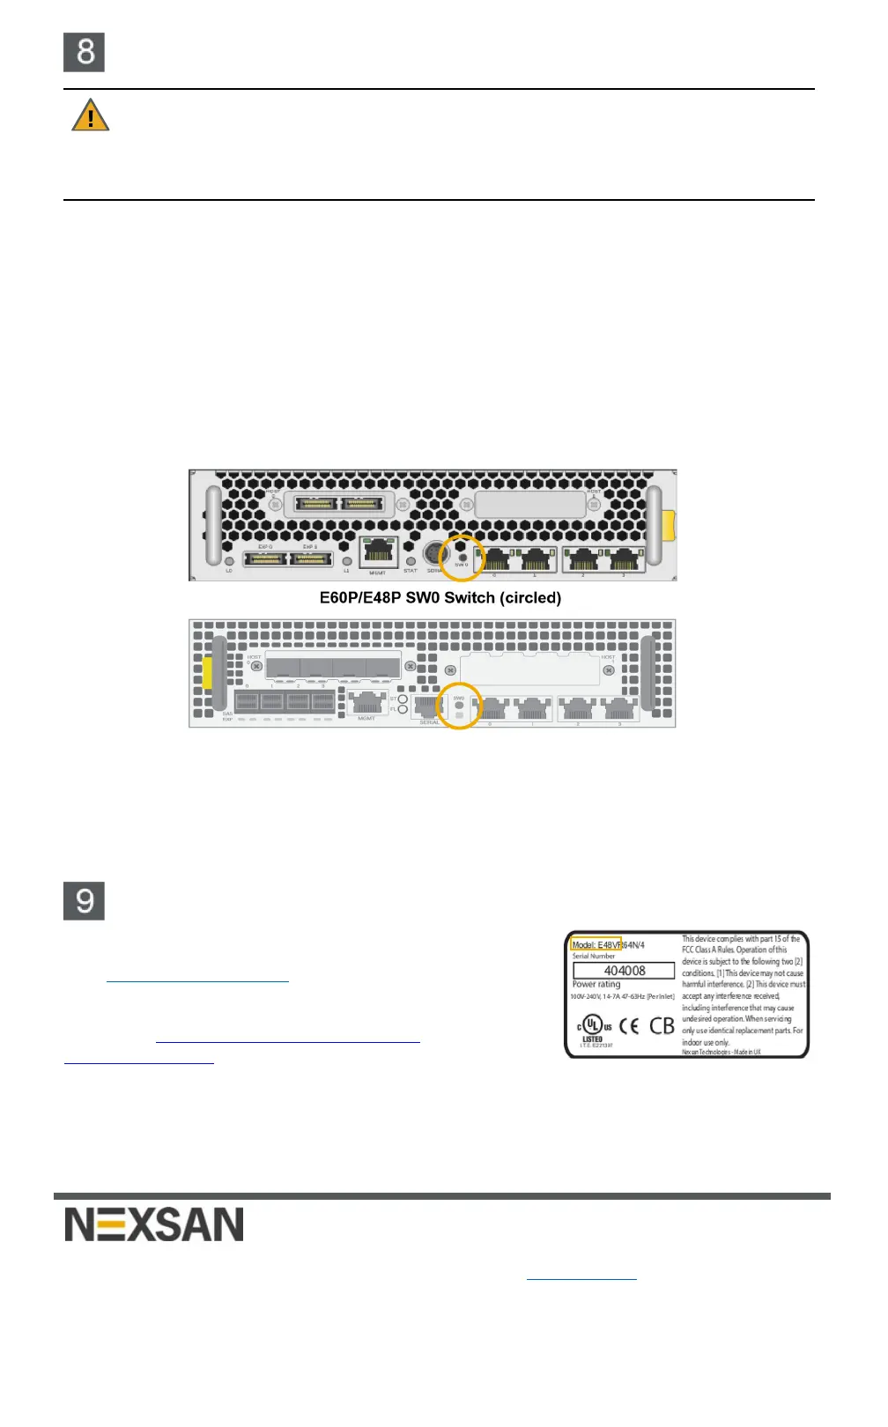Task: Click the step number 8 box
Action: tap(85, 52)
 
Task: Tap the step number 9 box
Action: tap(85, 900)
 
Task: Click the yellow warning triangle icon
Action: tap(90, 115)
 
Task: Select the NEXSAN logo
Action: tap(154, 1224)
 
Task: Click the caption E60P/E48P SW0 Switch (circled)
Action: tap(440, 597)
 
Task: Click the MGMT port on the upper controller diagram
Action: tap(378, 551)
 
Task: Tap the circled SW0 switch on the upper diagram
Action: tap(462, 558)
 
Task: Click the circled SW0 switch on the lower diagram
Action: tap(459, 706)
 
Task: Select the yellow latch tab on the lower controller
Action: tap(207, 673)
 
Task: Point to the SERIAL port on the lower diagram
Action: tap(428, 706)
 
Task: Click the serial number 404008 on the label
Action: tap(624, 970)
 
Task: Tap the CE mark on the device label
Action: tap(629, 1026)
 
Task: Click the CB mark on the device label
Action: tap(662, 1026)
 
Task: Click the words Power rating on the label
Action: tap(596, 984)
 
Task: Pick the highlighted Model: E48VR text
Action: tap(596, 944)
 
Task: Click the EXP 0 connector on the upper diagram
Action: tap(265, 558)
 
